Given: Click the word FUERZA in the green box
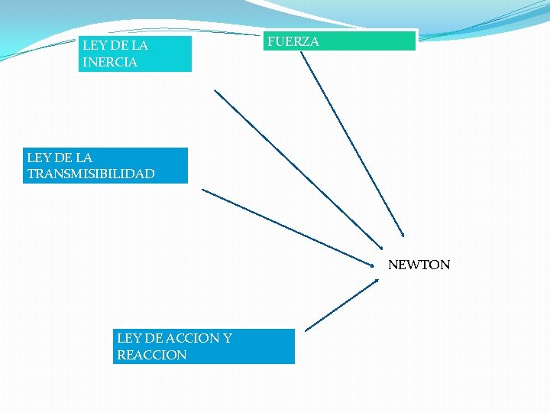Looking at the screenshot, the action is pyautogui.click(x=293, y=42).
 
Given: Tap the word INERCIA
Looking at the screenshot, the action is pyautogui.click(x=110, y=63).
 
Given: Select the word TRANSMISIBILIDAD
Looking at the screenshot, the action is pyautogui.click(x=91, y=174).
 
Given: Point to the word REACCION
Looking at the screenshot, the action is pyautogui.click(x=151, y=355).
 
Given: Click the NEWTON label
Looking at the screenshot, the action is pyautogui.click(x=419, y=265).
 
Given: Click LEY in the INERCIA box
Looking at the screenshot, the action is pyautogui.click(x=93, y=46).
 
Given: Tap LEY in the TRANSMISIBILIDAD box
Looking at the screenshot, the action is pyautogui.click(x=37, y=158).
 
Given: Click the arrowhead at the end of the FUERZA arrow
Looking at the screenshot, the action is pyautogui.click(x=403, y=235).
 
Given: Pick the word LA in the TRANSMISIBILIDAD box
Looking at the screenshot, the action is pyautogui.click(x=83, y=158).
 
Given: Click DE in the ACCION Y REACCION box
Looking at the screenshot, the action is pyautogui.click(x=148, y=338).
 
